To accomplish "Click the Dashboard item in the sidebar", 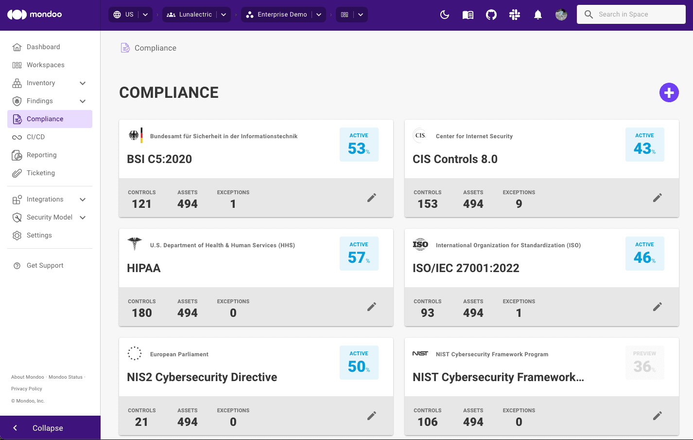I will click(43, 47).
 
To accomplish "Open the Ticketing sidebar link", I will click(41, 173).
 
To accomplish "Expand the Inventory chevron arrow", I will click(83, 83).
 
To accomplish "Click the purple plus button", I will click(669, 92).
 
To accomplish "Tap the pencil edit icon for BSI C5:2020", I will click(372, 198).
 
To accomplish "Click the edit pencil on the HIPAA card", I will click(372, 307).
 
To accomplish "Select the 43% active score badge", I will click(644, 145).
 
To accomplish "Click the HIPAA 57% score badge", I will click(359, 254).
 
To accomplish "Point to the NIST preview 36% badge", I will click(644, 363).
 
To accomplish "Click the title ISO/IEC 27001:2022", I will click(466, 268).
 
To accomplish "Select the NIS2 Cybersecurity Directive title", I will click(202, 377).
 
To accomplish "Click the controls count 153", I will click(427, 204).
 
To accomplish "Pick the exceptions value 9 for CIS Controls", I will click(519, 204).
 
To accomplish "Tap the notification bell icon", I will click(537, 15).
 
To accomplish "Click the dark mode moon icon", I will click(444, 15).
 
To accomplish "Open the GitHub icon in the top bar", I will click(491, 15).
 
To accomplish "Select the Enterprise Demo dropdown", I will click(283, 15).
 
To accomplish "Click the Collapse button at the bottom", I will click(48, 428).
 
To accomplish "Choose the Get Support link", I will click(45, 266).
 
